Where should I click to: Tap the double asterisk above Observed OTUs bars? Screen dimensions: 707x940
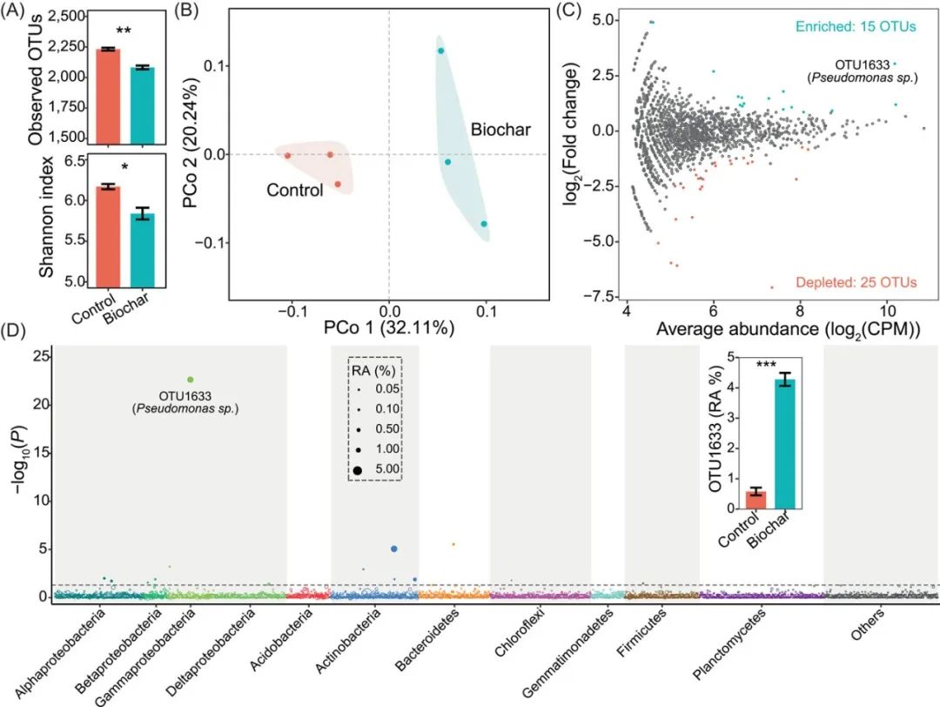point(124,30)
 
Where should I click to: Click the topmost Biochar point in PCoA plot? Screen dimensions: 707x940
point(441,50)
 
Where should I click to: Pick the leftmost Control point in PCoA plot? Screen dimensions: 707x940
point(287,155)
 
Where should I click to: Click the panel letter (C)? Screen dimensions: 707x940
point(567,11)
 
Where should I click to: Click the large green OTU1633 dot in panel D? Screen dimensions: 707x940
point(190,380)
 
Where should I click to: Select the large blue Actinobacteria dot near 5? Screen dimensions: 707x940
point(394,549)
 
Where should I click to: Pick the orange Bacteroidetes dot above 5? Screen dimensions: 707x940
point(453,544)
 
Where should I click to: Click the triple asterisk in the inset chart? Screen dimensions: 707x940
point(766,365)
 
